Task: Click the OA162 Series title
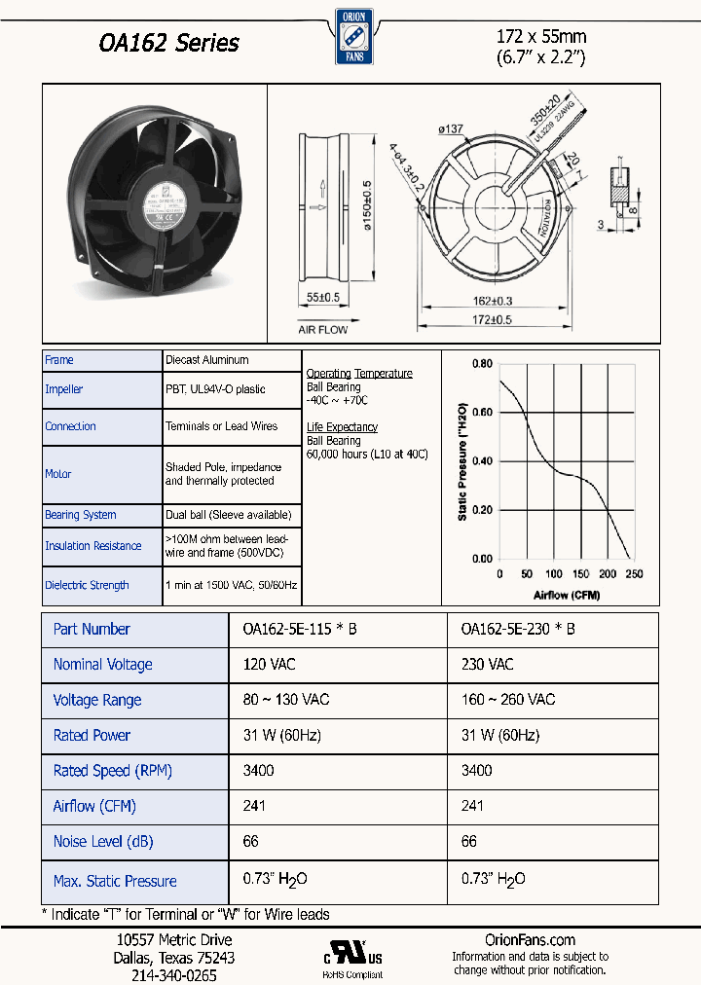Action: [169, 44]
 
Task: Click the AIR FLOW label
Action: [322, 331]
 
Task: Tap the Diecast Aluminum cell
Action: [206, 360]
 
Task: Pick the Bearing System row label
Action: [81, 515]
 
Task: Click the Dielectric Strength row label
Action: [87, 585]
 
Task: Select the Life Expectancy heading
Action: [342, 427]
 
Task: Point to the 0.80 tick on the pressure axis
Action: [482, 364]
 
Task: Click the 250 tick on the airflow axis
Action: [634, 574]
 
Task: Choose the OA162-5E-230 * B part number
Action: [518, 630]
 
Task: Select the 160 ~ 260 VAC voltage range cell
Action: [508, 700]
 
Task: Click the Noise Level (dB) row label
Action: [103, 841]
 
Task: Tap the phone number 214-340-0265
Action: [173, 974]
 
